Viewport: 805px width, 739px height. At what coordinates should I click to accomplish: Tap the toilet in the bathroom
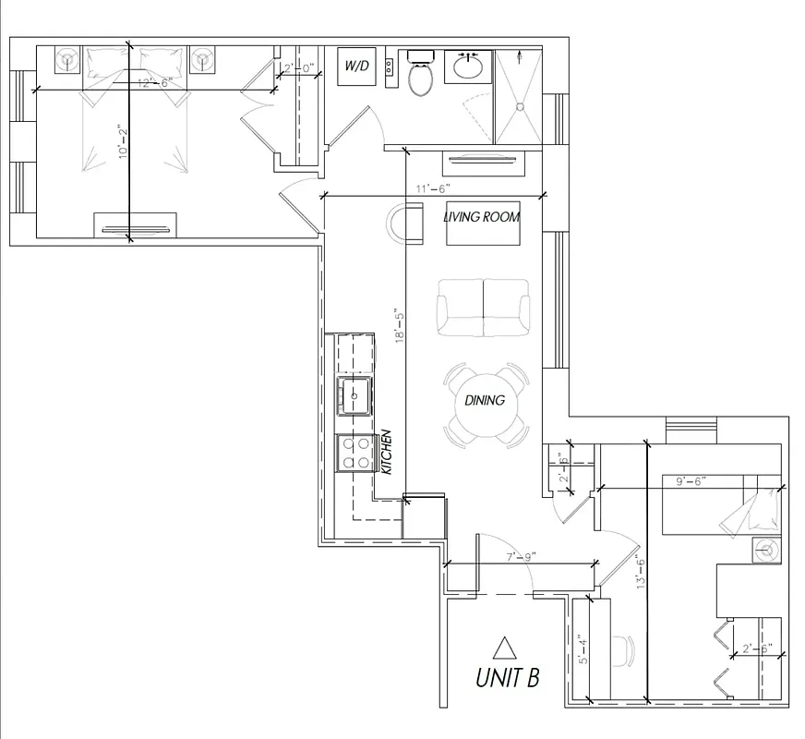tap(421, 75)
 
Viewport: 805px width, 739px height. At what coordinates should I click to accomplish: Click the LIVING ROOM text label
tap(481, 218)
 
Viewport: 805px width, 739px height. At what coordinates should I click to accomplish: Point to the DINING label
tap(485, 401)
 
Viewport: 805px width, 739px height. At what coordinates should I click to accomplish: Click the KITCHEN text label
tap(387, 452)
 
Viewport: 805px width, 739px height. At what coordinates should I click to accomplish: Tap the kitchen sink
tap(355, 394)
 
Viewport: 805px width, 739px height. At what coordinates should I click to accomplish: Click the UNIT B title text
tap(507, 678)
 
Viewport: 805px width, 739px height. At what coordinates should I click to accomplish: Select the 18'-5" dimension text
tap(399, 326)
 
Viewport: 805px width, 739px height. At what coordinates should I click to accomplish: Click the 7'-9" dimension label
tap(521, 556)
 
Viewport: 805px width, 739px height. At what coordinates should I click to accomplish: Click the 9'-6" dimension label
tap(690, 481)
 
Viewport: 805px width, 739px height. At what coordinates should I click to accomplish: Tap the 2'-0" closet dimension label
tap(299, 68)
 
